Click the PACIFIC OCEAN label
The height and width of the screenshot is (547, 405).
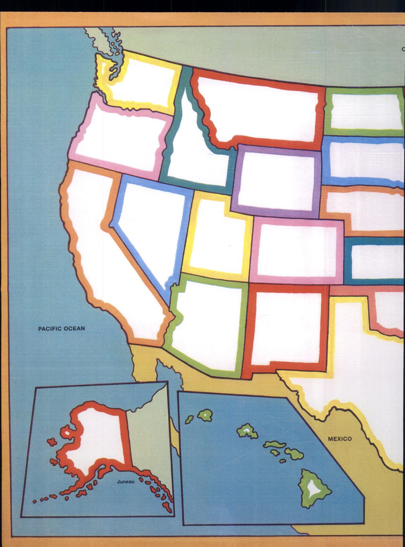coord(61,329)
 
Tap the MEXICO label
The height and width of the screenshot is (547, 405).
coord(340,439)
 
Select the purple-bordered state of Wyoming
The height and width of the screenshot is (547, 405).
coord(277,180)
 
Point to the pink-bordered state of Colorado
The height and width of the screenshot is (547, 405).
coord(297,250)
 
